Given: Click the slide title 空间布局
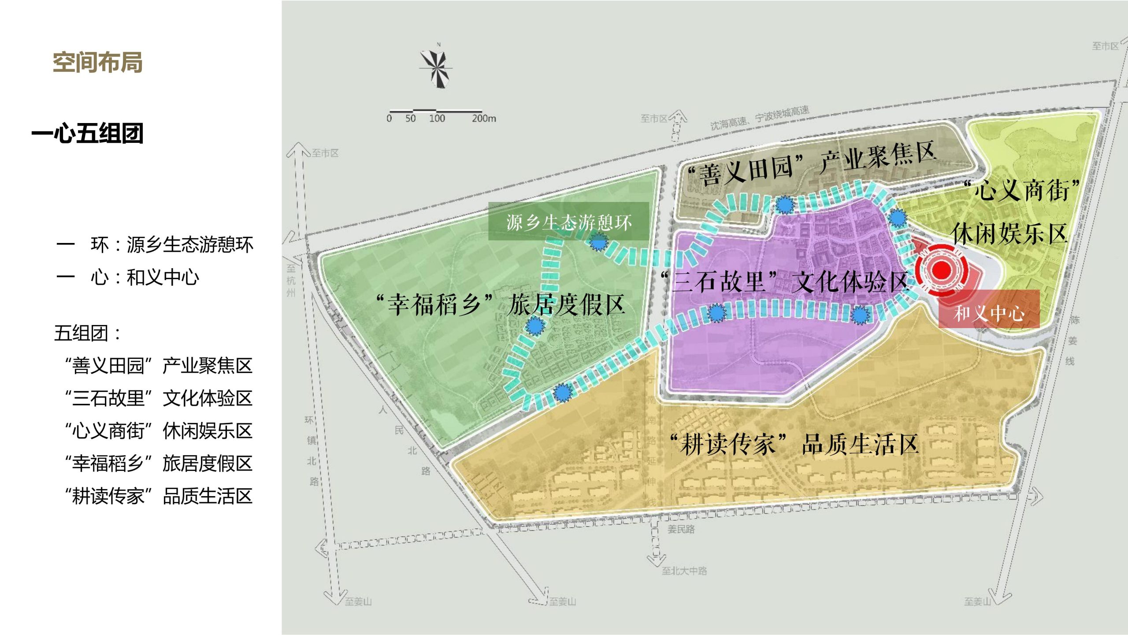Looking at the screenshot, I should coord(97,62).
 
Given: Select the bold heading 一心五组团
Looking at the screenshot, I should coord(87,133).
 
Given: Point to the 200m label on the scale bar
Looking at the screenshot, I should coord(483,118).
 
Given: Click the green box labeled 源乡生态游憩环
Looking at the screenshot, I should coord(568,221).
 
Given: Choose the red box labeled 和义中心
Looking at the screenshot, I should coord(989,313).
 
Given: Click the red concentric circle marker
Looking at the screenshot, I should coord(941,269).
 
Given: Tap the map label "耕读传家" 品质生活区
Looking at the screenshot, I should coord(794,444).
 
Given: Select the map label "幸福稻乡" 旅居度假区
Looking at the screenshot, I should coord(500,304).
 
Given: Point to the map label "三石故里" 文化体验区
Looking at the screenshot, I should coord(784,281).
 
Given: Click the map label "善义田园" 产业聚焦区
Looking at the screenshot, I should coord(811,163).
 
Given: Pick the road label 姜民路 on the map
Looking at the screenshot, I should coord(681,529).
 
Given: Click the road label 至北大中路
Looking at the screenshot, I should coord(684,571).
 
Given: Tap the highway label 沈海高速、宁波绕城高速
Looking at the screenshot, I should coord(760,118).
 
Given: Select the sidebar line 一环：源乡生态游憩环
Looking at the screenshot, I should coord(155,245).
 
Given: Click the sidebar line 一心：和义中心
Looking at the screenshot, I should coord(128,277).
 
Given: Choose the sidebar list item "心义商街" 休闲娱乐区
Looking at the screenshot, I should coord(158,431).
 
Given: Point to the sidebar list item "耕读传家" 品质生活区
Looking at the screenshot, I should coord(158,496).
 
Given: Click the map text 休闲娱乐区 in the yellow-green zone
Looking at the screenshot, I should coord(1009,234).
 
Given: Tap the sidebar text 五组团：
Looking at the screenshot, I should coord(87,333).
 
